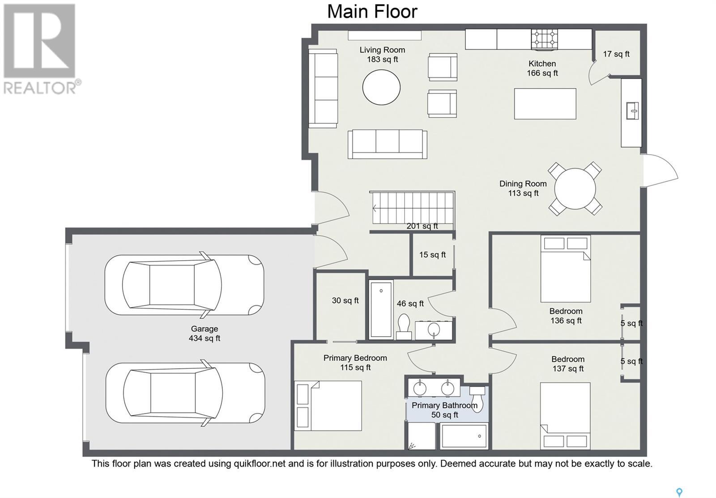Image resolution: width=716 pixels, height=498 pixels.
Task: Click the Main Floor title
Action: [x=372, y=12]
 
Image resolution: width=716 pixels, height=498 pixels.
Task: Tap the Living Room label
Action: [x=382, y=50]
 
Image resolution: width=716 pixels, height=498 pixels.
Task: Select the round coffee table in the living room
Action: [x=381, y=87]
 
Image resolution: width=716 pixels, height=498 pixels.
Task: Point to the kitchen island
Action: [x=545, y=104]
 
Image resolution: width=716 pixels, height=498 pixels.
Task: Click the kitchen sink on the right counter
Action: [x=632, y=111]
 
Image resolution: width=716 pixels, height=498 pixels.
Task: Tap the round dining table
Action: [x=575, y=189]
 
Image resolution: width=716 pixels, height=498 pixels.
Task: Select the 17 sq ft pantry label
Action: [x=616, y=54]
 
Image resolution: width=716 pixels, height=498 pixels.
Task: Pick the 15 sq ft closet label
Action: [x=432, y=255]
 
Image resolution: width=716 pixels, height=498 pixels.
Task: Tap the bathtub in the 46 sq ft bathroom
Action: [x=381, y=309]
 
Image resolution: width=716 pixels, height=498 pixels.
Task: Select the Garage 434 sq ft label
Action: [x=205, y=333]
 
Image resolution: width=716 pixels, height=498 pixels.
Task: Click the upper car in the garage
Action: [x=184, y=285]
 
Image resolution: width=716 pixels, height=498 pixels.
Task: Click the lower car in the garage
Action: [x=185, y=393]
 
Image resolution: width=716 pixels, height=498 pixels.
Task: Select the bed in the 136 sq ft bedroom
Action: [x=566, y=269]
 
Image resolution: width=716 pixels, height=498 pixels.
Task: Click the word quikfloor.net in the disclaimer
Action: [x=260, y=464]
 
